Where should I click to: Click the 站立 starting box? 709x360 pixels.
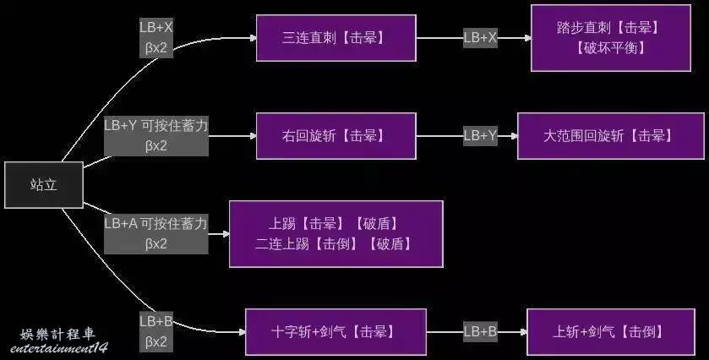(x=44, y=184)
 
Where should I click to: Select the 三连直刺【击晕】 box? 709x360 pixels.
(x=336, y=37)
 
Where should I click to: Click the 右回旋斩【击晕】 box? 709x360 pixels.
(x=336, y=135)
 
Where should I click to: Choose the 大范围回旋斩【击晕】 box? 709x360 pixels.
(x=610, y=135)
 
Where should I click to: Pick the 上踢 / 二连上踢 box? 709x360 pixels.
(x=336, y=234)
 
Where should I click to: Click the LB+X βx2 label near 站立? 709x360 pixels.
(x=156, y=37)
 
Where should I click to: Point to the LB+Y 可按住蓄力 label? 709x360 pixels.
(x=156, y=134)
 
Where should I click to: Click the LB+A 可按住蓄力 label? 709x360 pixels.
(x=156, y=233)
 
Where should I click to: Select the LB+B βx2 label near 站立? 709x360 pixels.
(x=156, y=331)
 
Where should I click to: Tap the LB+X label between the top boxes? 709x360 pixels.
(x=480, y=37)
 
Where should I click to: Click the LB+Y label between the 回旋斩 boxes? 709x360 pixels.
(x=480, y=135)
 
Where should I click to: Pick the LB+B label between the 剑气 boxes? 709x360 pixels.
(x=480, y=331)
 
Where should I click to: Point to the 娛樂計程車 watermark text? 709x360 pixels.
(x=57, y=333)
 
